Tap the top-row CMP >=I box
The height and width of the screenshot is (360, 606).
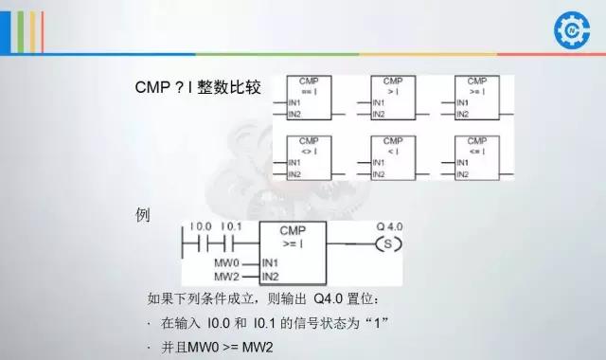[x=476, y=99]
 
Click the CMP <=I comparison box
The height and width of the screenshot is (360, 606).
[x=476, y=158]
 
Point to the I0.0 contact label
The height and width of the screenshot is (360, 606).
[x=201, y=227]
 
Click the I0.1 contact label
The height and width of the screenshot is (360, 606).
[x=232, y=227]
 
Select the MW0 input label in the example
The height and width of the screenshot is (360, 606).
[x=227, y=261]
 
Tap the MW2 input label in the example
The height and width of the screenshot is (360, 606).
[x=227, y=277]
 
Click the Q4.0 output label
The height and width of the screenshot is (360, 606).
[x=388, y=227]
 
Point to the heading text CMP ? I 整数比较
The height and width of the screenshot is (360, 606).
[x=198, y=88]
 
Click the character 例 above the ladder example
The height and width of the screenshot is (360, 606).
[x=144, y=215]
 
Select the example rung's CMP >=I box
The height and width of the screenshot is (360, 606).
[x=293, y=253]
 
